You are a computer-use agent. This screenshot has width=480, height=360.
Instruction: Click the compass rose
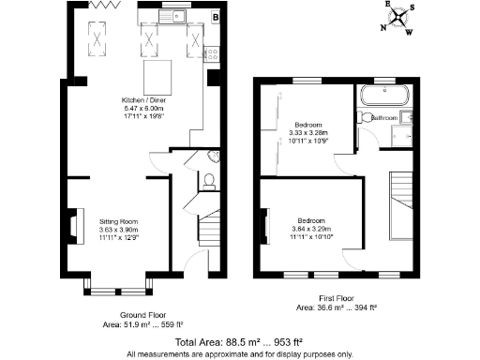400,16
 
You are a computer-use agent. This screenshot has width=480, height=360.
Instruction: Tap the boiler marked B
215,16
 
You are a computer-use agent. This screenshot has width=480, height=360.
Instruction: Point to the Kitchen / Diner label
138,99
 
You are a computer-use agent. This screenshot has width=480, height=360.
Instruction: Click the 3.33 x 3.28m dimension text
307,132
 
